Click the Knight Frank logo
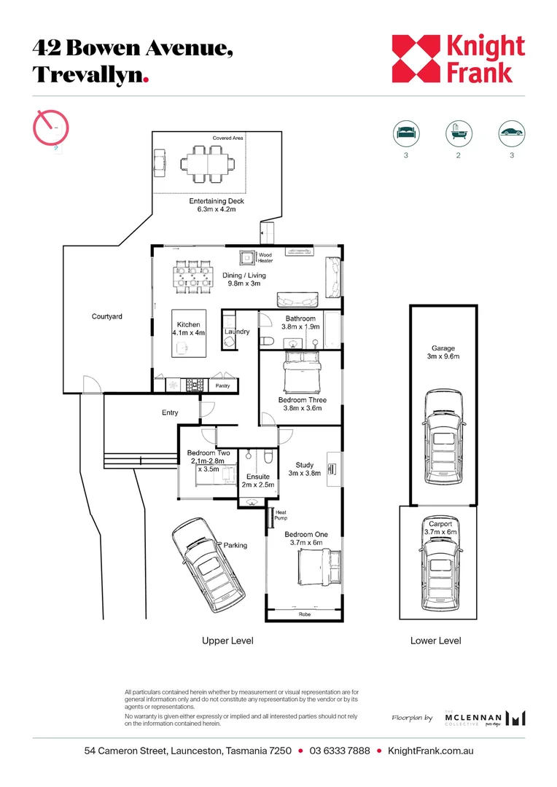click(x=458, y=59)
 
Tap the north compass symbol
click(x=51, y=128)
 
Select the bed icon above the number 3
click(x=406, y=133)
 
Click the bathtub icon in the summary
click(x=459, y=133)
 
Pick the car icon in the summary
click(x=512, y=133)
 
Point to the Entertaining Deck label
click(x=217, y=201)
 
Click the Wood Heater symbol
click(x=246, y=258)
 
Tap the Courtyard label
click(x=107, y=316)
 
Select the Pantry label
click(x=222, y=386)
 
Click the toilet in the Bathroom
click(x=266, y=342)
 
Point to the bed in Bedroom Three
click(x=301, y=372)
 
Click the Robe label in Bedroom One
click(x=305, y=614)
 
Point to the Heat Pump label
click(x=281, y=515)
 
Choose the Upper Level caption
click(x=227, y=641)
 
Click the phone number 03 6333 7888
click(x=340, y=751)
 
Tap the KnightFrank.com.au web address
click(x=430, y=751)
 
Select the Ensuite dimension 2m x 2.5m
click(x=258, y=485)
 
